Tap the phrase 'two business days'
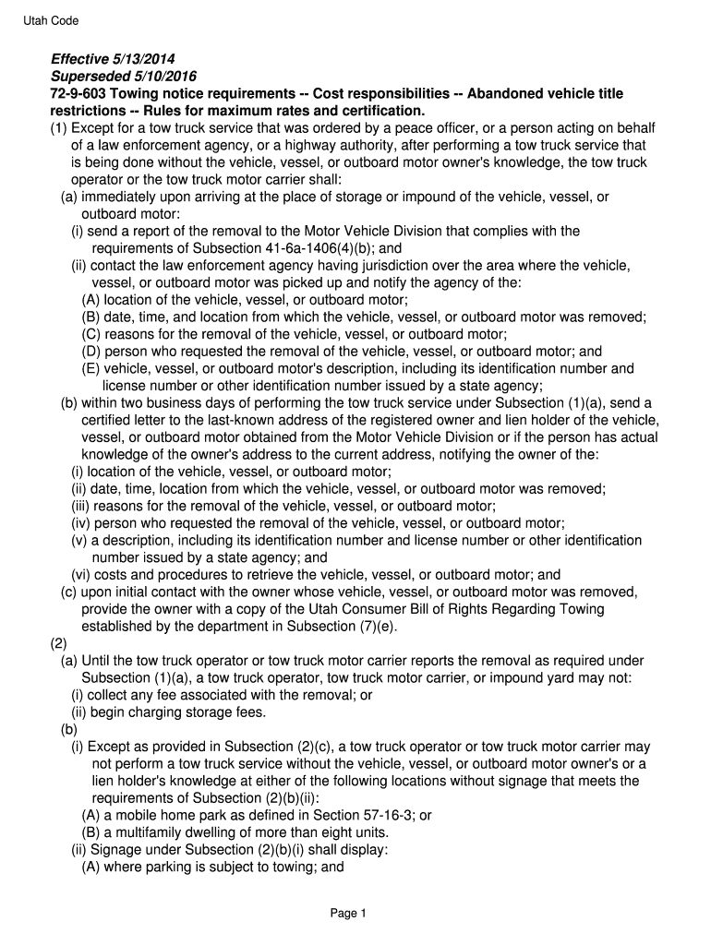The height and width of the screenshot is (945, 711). click(167, 403)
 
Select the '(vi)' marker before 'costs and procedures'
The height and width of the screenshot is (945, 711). click(82, 575)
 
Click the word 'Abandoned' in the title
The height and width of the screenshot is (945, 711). click(509, 94)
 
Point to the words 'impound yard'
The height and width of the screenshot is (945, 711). click(546, 678)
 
